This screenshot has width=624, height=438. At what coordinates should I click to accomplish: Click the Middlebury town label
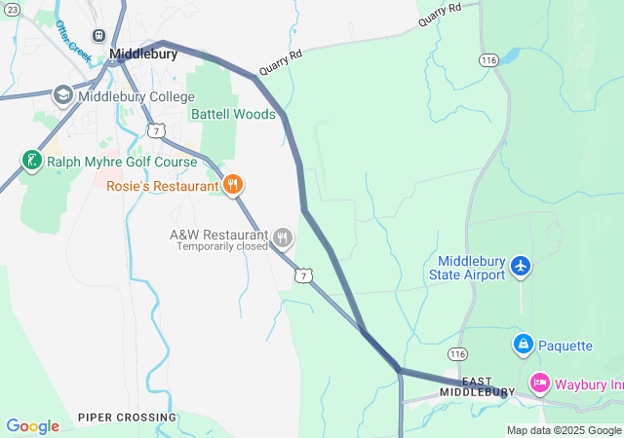143,55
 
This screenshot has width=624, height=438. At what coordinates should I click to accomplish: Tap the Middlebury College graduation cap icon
63,95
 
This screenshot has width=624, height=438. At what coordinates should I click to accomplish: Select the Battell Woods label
233,114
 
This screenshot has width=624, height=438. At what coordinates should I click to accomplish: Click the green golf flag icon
31,160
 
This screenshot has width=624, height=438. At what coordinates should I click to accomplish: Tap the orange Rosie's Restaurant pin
232,185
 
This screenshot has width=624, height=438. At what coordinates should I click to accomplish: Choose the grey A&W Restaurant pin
283,237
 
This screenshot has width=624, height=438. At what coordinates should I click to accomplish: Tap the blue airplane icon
521,265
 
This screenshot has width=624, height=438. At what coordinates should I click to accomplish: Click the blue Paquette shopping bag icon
523,345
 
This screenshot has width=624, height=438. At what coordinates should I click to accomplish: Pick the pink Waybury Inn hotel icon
539,383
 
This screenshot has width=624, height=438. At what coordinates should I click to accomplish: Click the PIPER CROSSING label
128,418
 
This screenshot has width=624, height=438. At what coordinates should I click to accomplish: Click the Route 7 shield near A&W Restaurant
306,277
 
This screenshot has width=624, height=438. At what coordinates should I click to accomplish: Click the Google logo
32,426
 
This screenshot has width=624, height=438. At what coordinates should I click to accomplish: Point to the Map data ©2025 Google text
564,430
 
